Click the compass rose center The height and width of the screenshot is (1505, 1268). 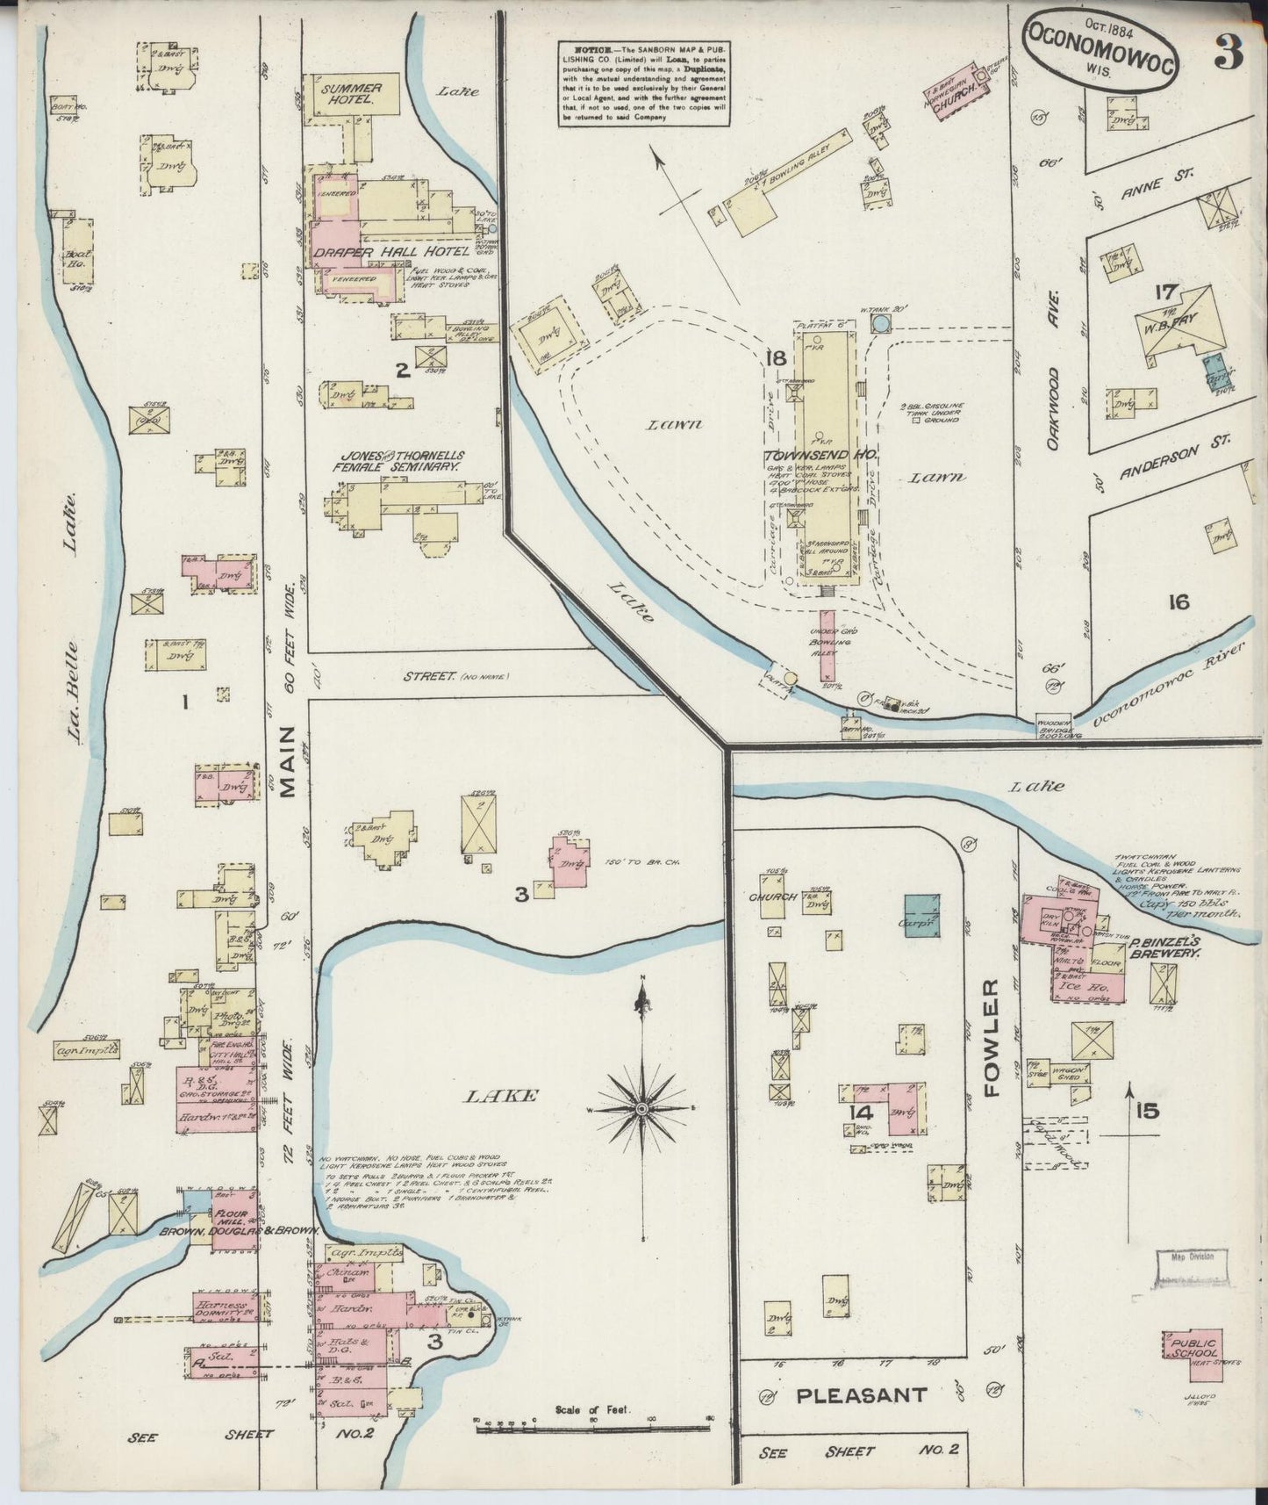pyautogui.click(x=642, y=1111)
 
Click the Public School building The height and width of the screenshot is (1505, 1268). pyautogui.click(x=1190, y=1356)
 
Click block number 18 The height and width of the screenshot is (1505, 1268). pyautogui.click(x=775, y=357)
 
